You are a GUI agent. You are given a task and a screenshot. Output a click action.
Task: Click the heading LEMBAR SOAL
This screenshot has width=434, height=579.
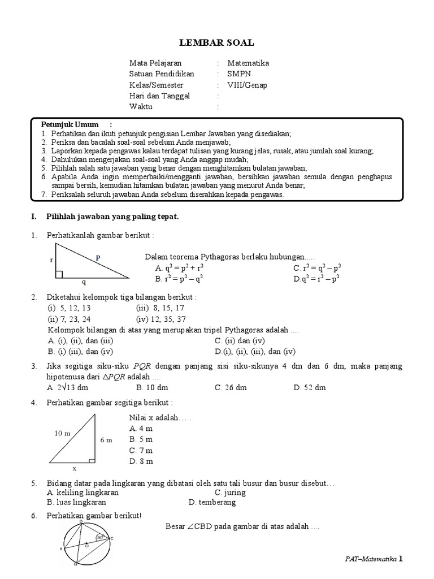point(218,42)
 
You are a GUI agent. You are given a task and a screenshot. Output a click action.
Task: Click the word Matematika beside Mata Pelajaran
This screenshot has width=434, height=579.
point(248,63)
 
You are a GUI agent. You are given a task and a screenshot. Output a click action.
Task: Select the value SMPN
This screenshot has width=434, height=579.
point(238,74)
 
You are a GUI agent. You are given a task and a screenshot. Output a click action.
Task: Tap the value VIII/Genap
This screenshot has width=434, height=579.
point(248,85)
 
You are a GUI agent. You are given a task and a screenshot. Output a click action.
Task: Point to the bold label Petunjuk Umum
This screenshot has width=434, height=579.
point(70,124)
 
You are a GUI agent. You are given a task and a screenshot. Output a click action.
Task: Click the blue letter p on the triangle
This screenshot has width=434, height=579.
point(98,257)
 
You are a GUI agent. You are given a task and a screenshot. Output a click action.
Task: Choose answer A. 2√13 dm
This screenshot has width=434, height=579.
point(68,388)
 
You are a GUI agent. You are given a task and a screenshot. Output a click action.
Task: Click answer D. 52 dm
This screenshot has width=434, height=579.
point(310,388)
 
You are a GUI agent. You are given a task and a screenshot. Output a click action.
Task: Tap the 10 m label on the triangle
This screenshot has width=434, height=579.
point(62,433)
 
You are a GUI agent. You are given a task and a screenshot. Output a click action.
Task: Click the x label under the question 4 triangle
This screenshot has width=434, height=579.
point(74,469)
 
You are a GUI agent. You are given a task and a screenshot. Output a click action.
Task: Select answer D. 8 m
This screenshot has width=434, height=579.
point(141,461)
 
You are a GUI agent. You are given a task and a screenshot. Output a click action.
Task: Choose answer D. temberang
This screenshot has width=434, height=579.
point(212,502)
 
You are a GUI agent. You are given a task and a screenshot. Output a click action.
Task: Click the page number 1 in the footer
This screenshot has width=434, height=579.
point(401,559)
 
